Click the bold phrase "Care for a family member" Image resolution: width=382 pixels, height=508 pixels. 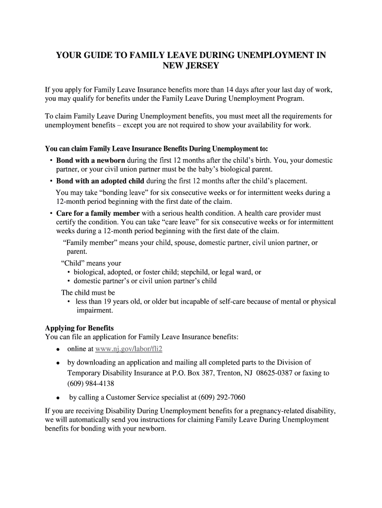(x=98, y=213)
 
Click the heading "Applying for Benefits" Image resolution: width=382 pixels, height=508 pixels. (x=79, y=328)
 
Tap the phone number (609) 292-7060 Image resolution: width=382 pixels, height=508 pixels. (x=221, y=397)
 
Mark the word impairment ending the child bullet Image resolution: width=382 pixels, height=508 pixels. (x=95, y=311)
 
